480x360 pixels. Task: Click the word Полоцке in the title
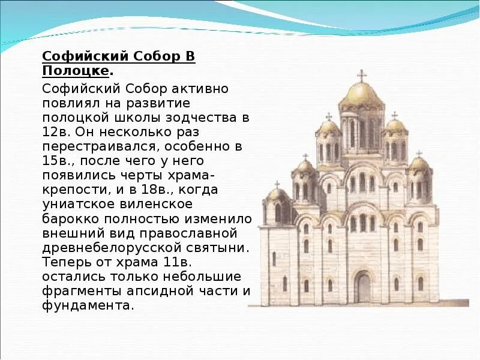[x=76, y=71]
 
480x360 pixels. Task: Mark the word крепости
[x=68, y=189]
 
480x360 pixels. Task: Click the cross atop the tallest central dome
[x=361, y=75]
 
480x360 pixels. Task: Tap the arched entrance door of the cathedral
[x=362, y=286]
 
